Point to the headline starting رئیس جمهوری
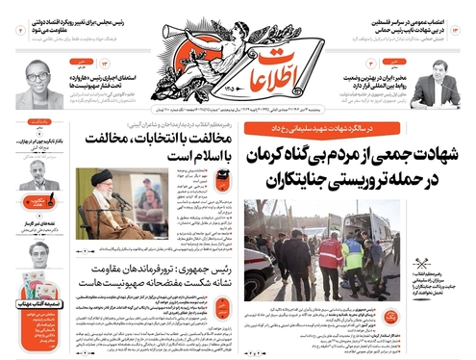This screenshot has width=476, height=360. pos(149,272)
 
